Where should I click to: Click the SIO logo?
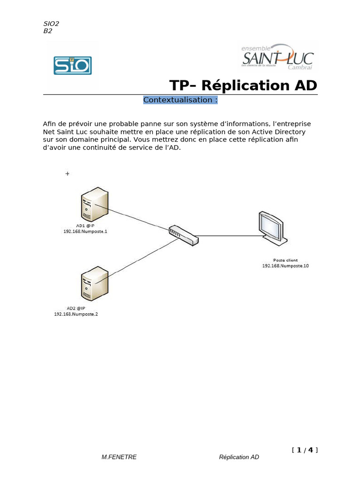pos(72,66)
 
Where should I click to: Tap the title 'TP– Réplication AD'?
pos(243,85)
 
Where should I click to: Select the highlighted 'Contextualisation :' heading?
pos(180,100)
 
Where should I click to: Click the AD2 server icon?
pos(94,284)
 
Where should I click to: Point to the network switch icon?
pos(184,235)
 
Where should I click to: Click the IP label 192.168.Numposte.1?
pos(85,232)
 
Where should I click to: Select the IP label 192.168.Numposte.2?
pos(76,314)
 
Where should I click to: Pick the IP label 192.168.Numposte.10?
pos(285,266)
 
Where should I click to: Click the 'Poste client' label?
pos(285,260)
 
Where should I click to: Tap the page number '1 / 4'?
pos(305,450)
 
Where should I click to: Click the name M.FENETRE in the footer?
pos(119,457)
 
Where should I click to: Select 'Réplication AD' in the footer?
pos(239,457)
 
